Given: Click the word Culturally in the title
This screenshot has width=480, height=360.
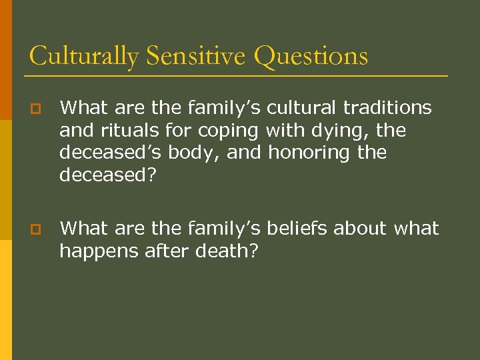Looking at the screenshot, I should click(x=83, y=56).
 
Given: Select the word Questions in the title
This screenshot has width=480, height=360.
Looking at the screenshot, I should click(x=311, y=56).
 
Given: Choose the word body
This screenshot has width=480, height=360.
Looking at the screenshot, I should click(x=193, y=153).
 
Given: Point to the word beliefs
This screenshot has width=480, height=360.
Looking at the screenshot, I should click(x=297, y=229).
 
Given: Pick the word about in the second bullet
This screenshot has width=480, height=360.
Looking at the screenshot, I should click(x=360, y=229).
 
